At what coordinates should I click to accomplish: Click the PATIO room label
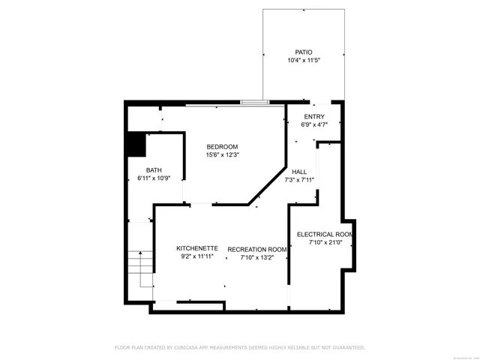(x=303, y=52)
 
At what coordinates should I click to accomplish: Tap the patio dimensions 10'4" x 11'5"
(x=303, y=61)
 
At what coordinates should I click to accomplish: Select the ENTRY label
(x=313, y=117)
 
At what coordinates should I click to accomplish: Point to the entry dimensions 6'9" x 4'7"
(x=313, y=125)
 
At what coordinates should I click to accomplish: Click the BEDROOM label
(x=222, y=146)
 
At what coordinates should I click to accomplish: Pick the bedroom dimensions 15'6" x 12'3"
(x=222, y=155)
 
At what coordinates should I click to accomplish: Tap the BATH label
(x=154, y=170)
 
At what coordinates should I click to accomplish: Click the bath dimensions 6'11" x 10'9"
(x=154, y=179)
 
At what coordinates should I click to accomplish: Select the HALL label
(x=299, y=172)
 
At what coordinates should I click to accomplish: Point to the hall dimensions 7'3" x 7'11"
(x=299, y=180)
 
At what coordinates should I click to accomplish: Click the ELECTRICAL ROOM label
(x=325, y=234)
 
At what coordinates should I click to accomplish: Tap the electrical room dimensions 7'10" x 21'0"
(x=325, y=243)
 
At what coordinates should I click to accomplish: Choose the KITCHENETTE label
(x=197, y=248)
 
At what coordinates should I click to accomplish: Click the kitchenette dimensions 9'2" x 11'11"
(x=197, y=257)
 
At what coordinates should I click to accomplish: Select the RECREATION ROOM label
(x=257, y=249)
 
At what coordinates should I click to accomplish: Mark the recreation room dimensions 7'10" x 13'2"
(x=257, y=258)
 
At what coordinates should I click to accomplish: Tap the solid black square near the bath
(x=136, y=144)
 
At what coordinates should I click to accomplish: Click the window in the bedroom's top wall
(x=255, y=102)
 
